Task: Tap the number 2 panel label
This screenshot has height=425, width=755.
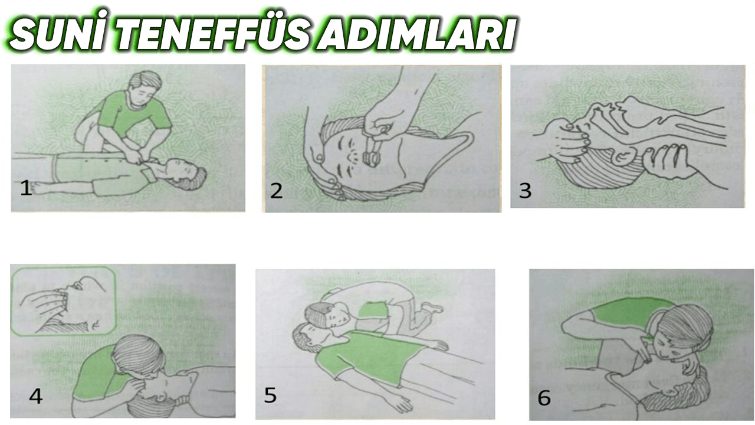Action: pos(276,190)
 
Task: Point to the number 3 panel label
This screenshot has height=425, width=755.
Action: pos(524,190)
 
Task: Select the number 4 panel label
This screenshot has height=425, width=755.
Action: pos(35,395)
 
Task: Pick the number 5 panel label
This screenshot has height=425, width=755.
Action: pos(270,394)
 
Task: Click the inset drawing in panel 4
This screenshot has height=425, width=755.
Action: pos(64,301)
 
